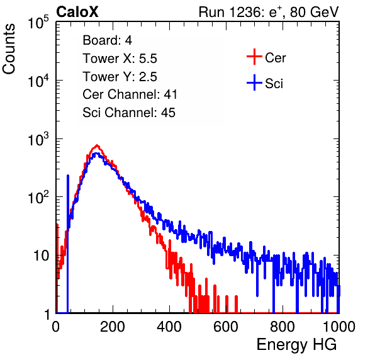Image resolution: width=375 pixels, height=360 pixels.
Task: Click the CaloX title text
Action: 77,12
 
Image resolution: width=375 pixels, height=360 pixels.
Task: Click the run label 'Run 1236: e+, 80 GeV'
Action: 269,12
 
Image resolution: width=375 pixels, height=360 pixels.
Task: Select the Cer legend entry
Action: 266,57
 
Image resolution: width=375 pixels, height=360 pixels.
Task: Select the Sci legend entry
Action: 265,83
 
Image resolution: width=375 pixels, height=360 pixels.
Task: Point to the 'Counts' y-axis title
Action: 9,49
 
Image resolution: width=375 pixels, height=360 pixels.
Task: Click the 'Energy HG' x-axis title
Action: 296,344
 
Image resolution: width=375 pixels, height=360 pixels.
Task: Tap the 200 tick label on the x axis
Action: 113,327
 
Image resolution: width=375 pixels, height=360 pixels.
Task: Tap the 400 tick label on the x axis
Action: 169,327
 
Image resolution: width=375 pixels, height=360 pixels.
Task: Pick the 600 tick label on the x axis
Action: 226,327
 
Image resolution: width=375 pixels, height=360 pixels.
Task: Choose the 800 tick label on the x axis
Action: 283,327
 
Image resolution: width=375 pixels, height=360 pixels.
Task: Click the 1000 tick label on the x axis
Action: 339,327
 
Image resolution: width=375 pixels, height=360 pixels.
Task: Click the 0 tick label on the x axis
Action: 56,327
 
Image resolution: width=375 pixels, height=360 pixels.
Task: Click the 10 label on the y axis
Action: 41,256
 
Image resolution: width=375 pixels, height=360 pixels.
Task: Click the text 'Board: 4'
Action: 108,40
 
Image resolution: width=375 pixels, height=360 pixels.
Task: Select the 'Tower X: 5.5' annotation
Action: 120,59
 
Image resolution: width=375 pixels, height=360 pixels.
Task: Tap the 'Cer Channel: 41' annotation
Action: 130,94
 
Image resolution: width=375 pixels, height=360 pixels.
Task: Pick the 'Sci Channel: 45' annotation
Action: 129,113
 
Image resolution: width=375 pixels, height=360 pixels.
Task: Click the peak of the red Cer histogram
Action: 97,145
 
